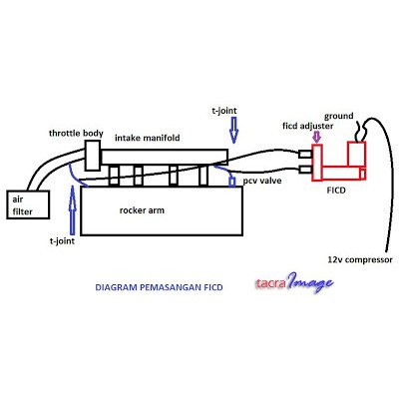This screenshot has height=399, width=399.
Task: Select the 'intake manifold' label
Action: coord(148,138)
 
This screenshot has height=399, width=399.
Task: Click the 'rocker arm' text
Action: coord(142,210)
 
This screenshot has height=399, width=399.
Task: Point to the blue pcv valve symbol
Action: coord(232,182)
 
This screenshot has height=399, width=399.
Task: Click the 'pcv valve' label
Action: coord(262,181)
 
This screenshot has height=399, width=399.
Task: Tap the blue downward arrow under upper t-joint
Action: coord(234,130)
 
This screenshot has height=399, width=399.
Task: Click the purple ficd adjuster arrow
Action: coord(317,137)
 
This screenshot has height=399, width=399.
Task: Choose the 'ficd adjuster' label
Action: coord(308,126)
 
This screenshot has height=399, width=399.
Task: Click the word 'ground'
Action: coord(339,116)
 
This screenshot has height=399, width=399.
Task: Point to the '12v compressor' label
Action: coord(360,259)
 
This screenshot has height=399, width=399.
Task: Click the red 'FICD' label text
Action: coord(336,191)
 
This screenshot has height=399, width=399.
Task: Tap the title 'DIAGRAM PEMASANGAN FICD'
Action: coord(159,287)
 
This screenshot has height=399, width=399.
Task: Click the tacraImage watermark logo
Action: coord(294,283)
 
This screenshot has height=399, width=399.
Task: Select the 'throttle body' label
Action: coord(76,134)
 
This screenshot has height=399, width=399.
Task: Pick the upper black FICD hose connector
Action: coord(305,154)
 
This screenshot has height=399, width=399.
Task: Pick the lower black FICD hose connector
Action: coord(305,170)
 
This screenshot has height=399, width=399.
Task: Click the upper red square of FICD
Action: coord(357,154)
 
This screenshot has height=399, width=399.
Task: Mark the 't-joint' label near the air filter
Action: coord(62,241)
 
